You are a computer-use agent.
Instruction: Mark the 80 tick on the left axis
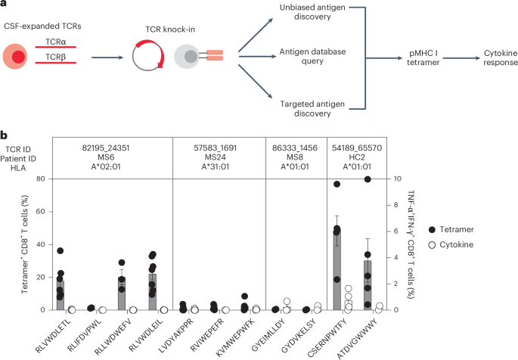point(34,179)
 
